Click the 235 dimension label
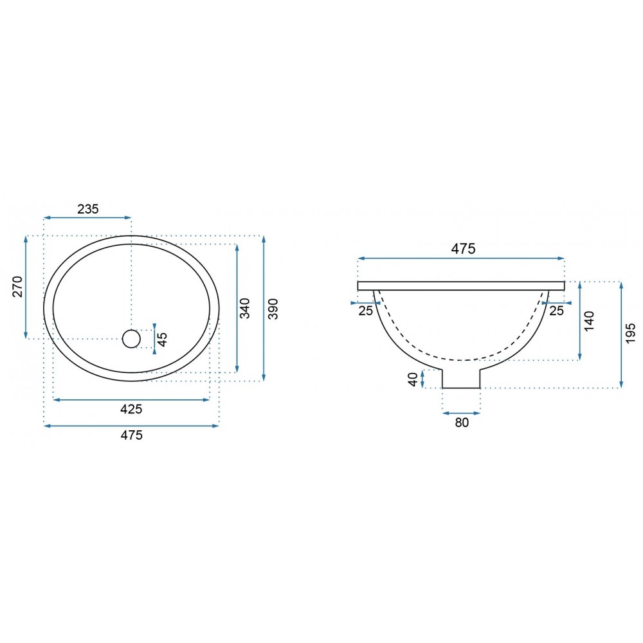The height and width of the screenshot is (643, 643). click(88, 209)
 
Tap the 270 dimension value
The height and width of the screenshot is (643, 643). click(17, 287)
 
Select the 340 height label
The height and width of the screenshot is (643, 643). click(244, 309)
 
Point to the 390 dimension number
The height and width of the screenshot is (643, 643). click(273, 309)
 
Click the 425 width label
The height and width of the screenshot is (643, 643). click(131, 409)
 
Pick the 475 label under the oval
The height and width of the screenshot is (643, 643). click(131, 435)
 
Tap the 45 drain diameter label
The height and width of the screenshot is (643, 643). click(163, 339)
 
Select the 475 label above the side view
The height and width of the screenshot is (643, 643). click(464, 248)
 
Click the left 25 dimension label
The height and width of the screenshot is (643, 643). click(366, 311)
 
